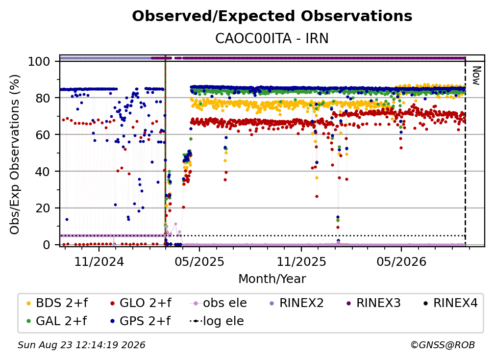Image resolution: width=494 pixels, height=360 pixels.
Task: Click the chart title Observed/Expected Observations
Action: (x=272, y=16)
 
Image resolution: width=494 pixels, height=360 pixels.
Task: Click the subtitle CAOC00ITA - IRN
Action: (x=272, y=38)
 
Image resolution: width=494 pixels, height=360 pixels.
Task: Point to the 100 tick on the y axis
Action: (x=39, y=61)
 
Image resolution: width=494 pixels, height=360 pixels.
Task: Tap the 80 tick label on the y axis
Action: (x=43, y=98)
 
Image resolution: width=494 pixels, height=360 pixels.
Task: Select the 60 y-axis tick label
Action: (x=43, y=134)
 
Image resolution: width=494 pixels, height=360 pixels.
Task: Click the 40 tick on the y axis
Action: (x=43, y=172)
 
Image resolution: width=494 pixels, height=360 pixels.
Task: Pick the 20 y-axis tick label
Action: (x=43, y=208)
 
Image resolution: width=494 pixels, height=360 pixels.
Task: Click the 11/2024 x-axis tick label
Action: (x=99, y=261)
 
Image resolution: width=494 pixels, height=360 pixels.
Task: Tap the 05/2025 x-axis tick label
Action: (x=199, y=261)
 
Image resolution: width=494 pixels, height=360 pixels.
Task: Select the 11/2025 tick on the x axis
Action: (x=301, y=261)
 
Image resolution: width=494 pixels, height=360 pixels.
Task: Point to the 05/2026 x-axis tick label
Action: (x=401, y=261)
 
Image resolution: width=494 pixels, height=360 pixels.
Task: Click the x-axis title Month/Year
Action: (x=272, y=279)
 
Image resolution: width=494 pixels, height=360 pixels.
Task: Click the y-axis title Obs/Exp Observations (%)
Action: (x=15, y=154)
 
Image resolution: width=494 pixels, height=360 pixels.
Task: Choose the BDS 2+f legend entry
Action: (x=57, y=303)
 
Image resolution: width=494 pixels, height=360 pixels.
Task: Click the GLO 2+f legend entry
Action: (x=141, y=303)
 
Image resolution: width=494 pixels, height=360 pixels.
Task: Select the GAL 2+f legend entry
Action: (x=57, y=321)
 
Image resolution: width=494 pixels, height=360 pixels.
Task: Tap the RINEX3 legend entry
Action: (x=373, y=303)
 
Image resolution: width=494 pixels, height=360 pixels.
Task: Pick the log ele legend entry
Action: (x=217, y=321)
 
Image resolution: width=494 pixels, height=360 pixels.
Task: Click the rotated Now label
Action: (x=476, y=76)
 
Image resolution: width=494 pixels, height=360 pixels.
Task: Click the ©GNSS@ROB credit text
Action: (x=443, y=345)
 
